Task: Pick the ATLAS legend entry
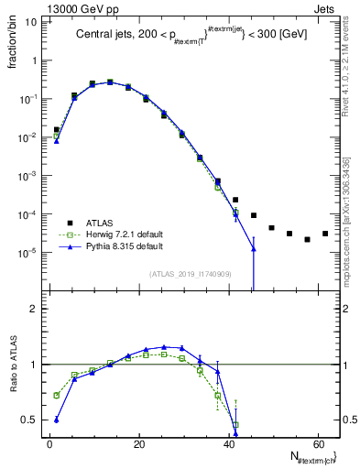(94, 223)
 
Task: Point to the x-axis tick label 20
(138, 444)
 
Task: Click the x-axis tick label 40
(228, 444)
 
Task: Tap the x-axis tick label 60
(317, 444)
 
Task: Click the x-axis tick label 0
(49, 444)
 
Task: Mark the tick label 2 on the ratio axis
(33, 309)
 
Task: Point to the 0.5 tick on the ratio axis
(29, 420)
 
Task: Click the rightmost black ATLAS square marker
(325, 234)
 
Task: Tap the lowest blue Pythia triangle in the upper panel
(254, 249)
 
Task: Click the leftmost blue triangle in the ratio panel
(57, 420)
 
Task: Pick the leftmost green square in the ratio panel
(57, 396)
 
